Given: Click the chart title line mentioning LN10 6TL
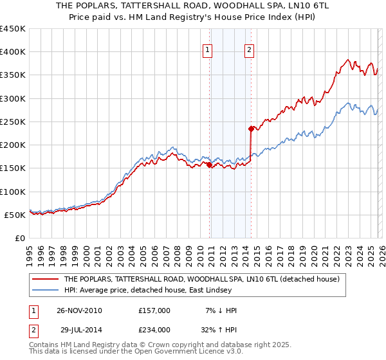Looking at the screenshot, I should (x=193, y=6).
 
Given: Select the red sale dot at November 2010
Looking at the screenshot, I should (x=210, y=165).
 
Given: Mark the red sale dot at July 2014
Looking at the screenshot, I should (x=251, y=129).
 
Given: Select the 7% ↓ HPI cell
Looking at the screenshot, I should (x=222, y=310).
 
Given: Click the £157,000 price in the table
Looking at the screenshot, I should (x=154, y=310).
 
